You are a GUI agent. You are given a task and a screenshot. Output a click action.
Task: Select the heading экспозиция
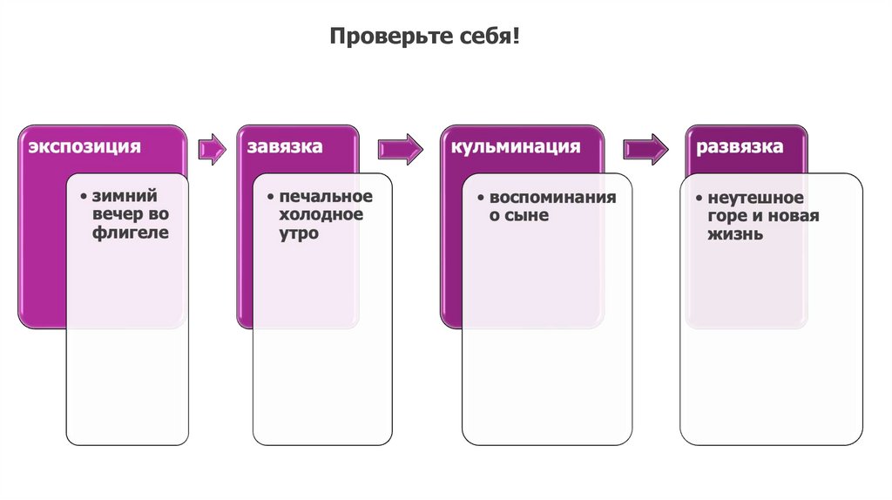(x=84, y=146)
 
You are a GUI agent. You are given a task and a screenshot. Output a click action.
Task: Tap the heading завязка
(x=284, y=146)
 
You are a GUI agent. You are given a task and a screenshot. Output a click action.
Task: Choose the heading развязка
(x=740, y=146)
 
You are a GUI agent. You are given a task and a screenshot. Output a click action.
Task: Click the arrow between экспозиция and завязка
(x=211, y=148)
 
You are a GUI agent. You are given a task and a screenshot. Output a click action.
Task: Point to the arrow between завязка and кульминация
(x=400, y=148)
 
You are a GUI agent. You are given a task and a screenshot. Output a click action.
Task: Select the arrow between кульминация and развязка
(x=645, y=148)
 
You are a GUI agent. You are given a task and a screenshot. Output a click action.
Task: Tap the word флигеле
(x=130, y=233)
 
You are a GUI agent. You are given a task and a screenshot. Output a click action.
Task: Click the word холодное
(x=321, y=214)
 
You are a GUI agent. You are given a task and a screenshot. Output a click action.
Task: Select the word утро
(x=300, y=233)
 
